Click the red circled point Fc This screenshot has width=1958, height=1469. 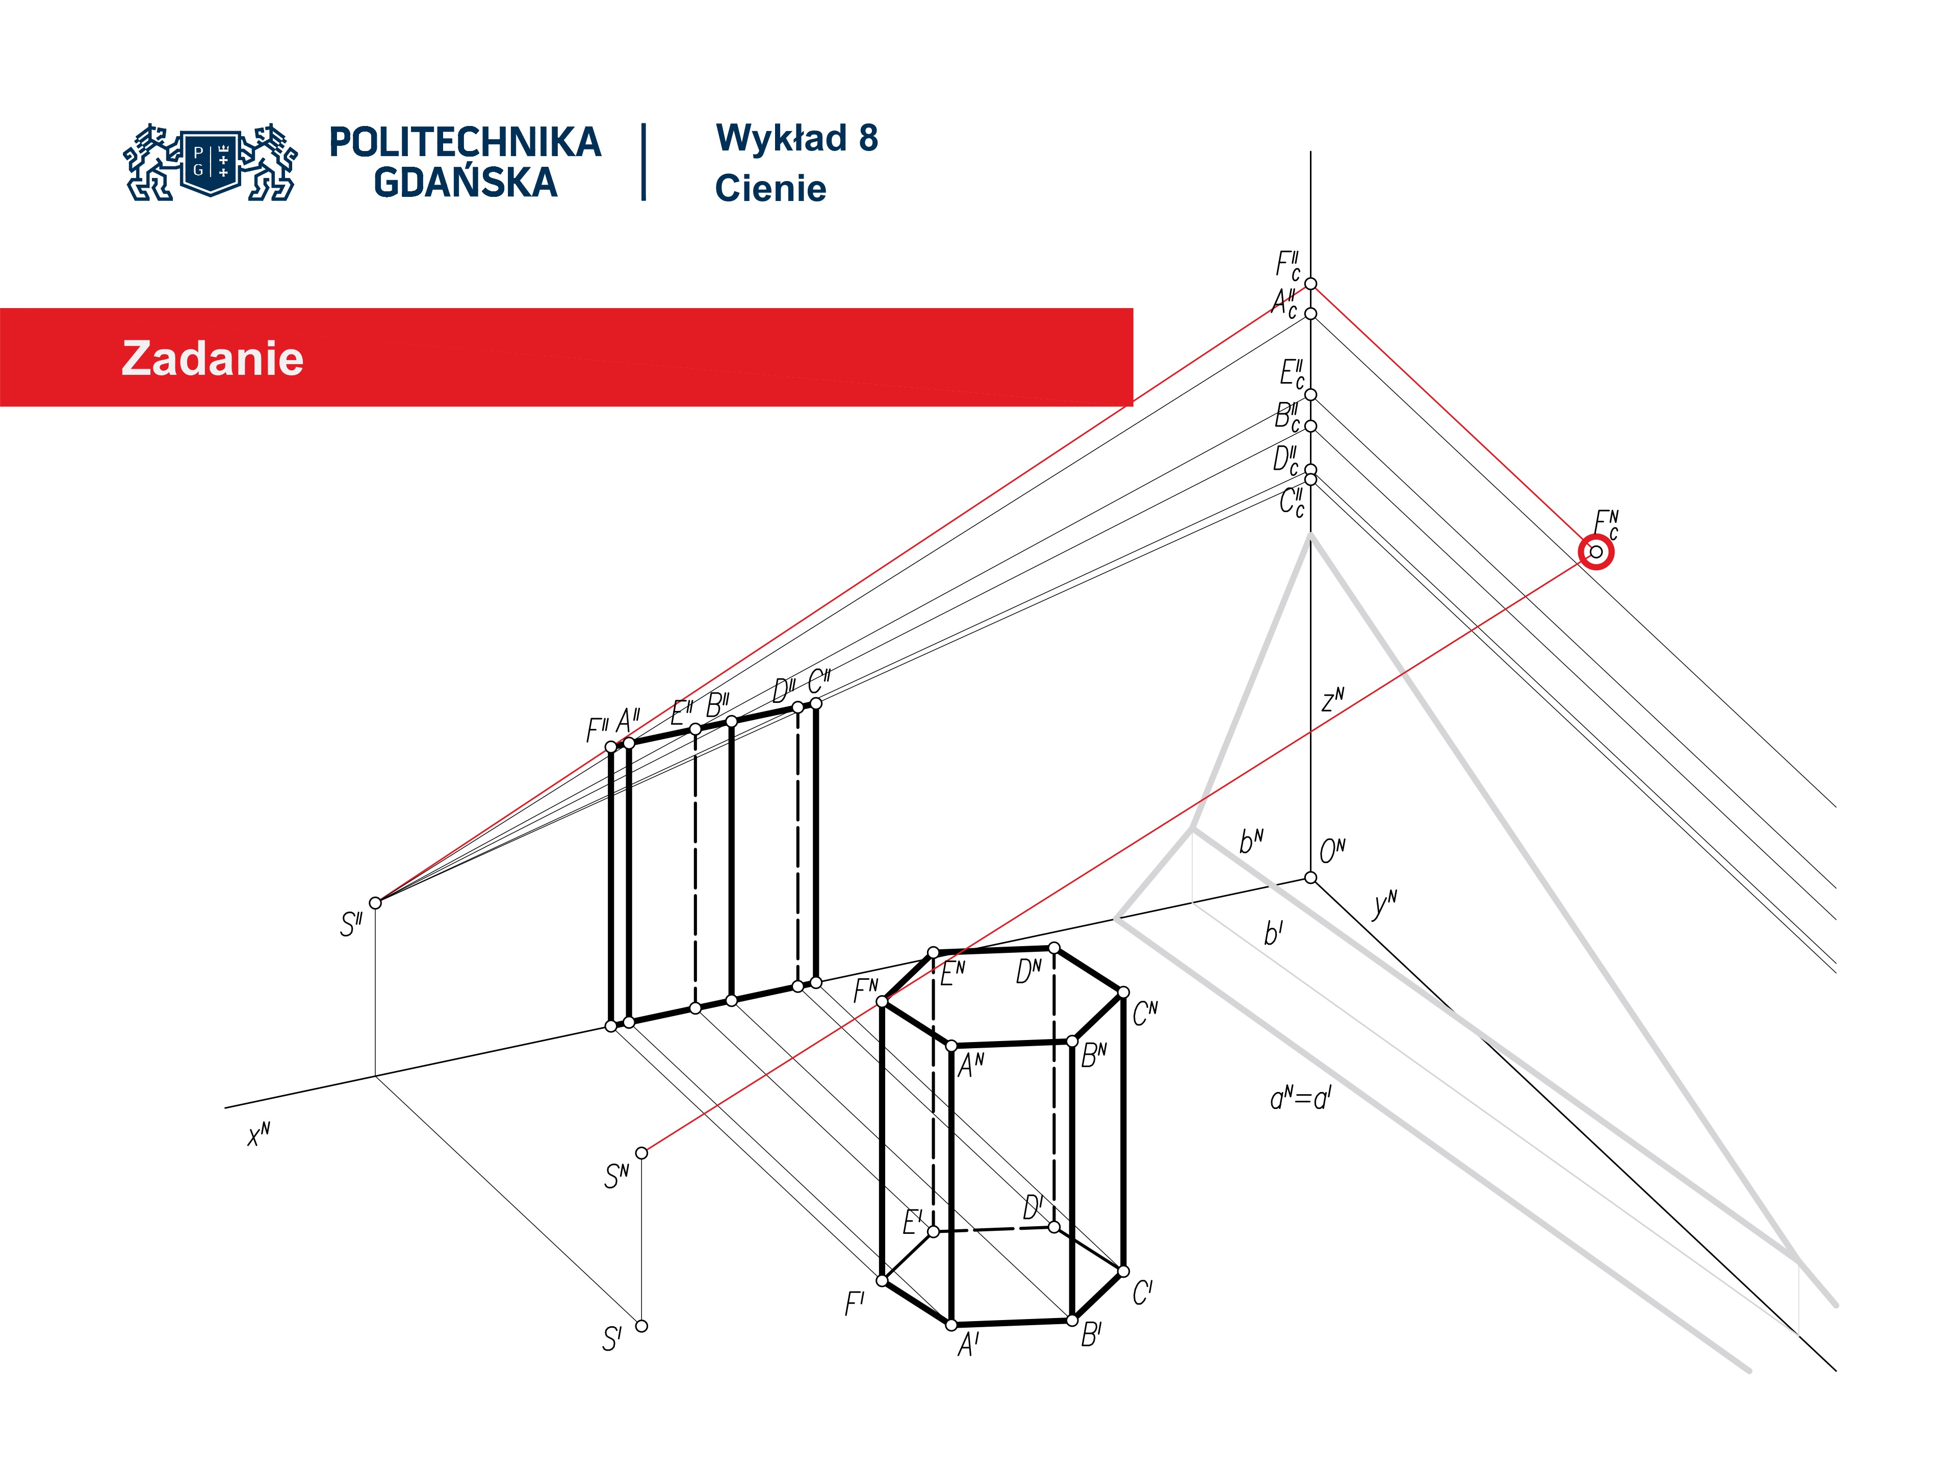[x=1596, y=552]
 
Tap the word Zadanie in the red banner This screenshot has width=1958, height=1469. [x=213, y=359]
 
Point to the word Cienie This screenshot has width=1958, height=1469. [x=770, y=189]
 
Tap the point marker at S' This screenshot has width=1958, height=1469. [x=642, y=1326]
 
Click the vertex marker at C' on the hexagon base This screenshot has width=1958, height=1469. [x=1123, y=1272]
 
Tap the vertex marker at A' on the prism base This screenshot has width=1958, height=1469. [x=951, y=1325]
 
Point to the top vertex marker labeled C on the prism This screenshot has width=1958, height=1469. [x=1123, y=993]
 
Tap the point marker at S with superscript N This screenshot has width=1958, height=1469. [x=642, y=1153]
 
